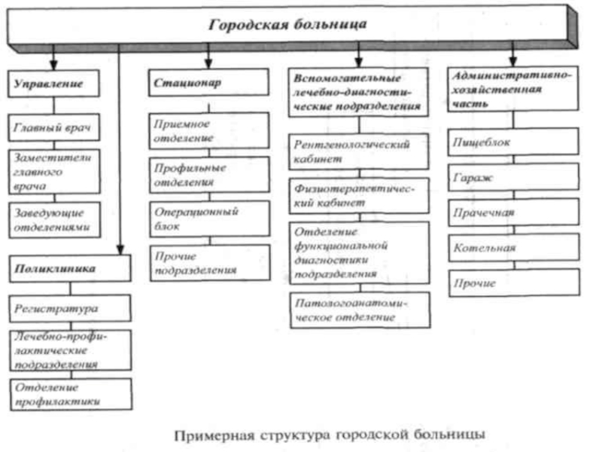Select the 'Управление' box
tap(53, 84)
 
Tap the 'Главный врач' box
tap(54, 127)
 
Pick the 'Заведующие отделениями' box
tap(55, 220)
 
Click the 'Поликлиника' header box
tap(70, 268)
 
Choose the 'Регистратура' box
tap(70, 308)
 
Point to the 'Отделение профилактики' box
tap(71, 394)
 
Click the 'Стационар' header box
tap(209, 82)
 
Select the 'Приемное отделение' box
tap(209, 130)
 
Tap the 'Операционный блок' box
tap(210, 218)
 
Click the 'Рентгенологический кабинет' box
tap(359, 151)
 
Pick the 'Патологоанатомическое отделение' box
tap(360, 310)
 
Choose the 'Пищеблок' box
tap(514, 142)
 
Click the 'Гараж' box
tap(514, 177)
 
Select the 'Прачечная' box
tap(514, 212)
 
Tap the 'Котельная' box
tap(515, 248)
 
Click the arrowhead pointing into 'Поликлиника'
tap(120, 249)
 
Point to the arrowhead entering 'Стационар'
tap(208, 63)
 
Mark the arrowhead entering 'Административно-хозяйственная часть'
tap(513, 61)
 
